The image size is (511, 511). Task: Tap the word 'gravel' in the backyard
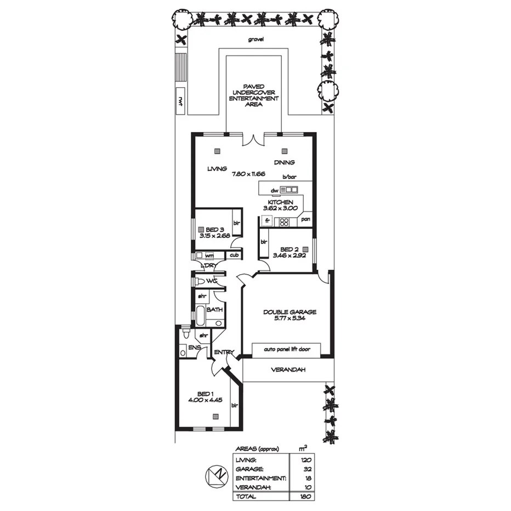coord(256,39)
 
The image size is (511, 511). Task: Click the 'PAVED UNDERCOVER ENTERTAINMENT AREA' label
coord(253,95)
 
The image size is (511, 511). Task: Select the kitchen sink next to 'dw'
coord(289,190)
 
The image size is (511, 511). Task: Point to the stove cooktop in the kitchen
coord(284,222)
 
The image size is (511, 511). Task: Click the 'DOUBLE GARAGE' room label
coord(289,312)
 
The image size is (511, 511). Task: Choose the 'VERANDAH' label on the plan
coord(287,370)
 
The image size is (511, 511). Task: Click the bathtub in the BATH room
coord(201,316)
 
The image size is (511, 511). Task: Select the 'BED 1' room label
coord(206,393)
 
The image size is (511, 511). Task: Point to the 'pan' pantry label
coord(305,219)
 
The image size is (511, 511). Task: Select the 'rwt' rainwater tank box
coord(180,100)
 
